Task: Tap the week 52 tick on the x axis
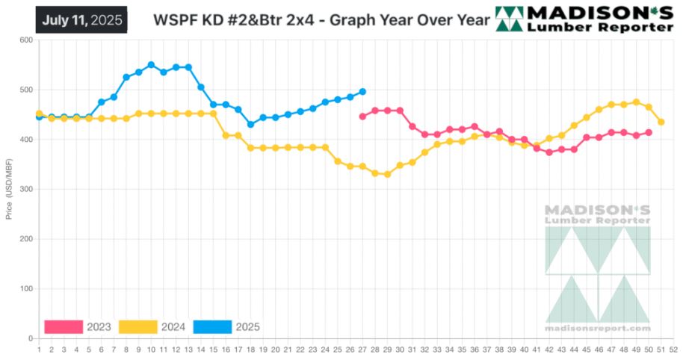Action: coord(674,348)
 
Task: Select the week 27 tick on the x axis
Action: coord(362,348)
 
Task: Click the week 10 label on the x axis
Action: coord(151,348)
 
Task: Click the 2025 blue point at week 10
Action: coord(151,65)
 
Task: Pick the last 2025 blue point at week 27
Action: coord(362,91)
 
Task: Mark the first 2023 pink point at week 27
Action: coord(362,117)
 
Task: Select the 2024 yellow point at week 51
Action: coord(661,122)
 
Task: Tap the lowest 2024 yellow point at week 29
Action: coord(387,174)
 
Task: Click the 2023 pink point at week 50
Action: coord(649,132)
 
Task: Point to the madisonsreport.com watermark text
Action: coord(598,329)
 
